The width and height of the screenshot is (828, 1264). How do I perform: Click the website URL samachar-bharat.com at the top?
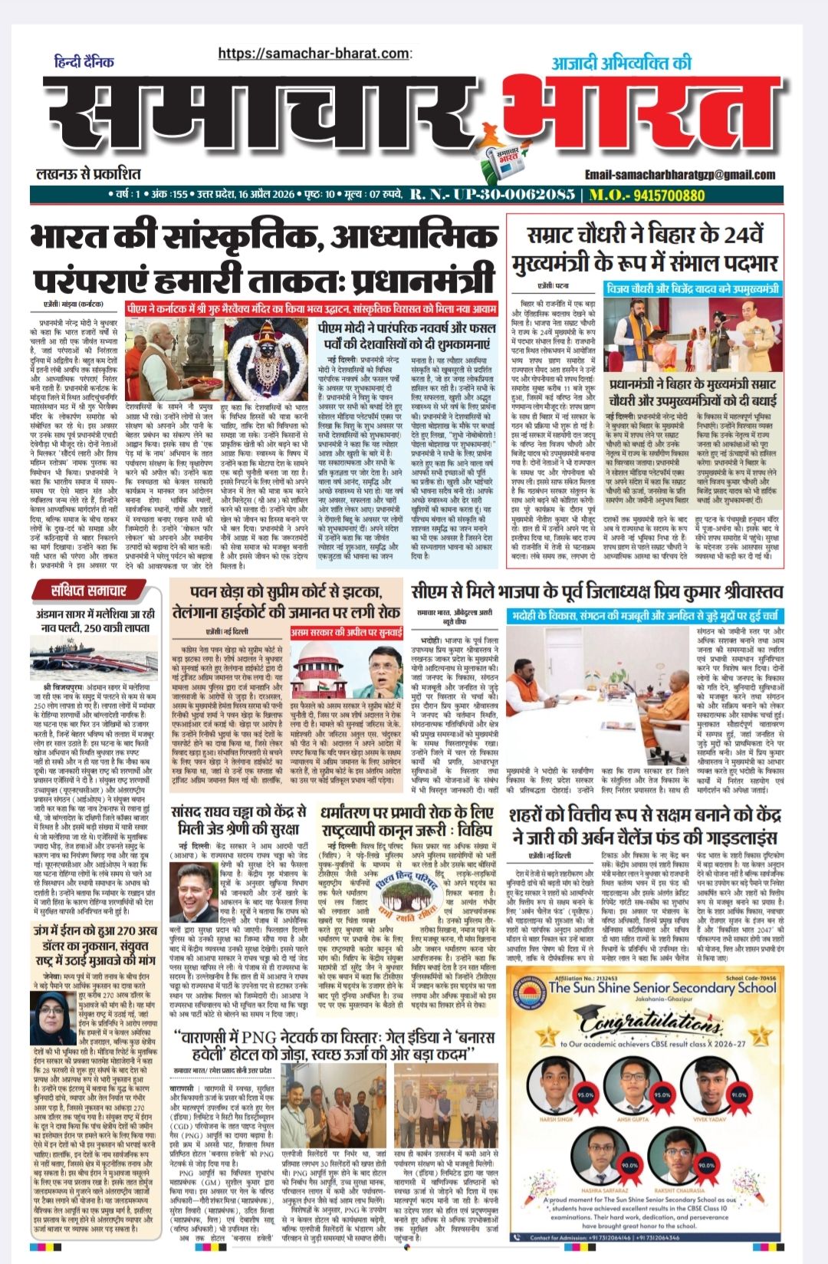click(x=314, y=53)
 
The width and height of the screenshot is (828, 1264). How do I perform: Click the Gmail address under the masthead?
click(x=683, y=175)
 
